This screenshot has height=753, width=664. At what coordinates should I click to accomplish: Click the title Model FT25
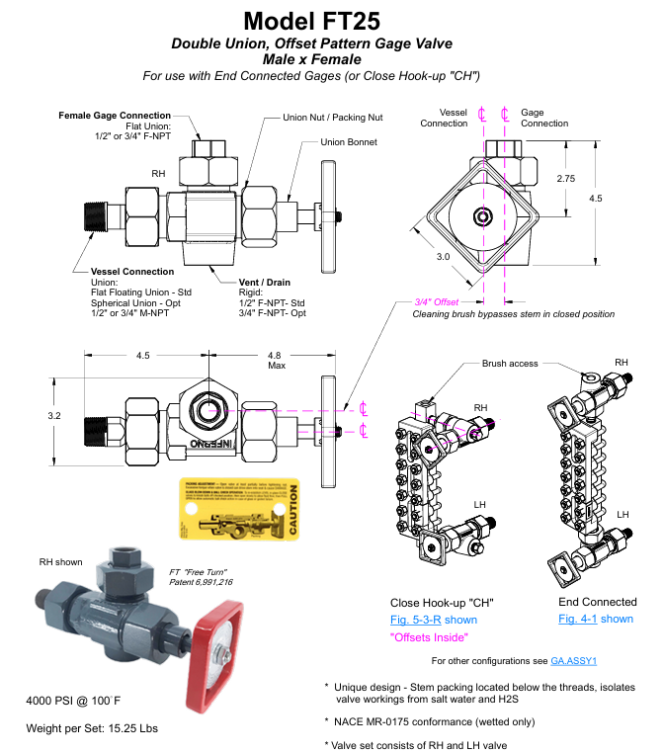[333, 20]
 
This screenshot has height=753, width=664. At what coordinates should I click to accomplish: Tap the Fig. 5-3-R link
[420, 620]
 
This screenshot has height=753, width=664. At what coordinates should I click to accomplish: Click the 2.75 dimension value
[565, 179]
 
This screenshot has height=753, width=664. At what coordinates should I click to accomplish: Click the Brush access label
[510, 364]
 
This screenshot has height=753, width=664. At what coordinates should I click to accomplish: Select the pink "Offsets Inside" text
[430, 637]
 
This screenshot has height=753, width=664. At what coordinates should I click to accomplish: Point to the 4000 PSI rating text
[73, 702]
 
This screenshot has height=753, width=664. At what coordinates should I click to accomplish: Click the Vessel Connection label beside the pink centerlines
[444, 118]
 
